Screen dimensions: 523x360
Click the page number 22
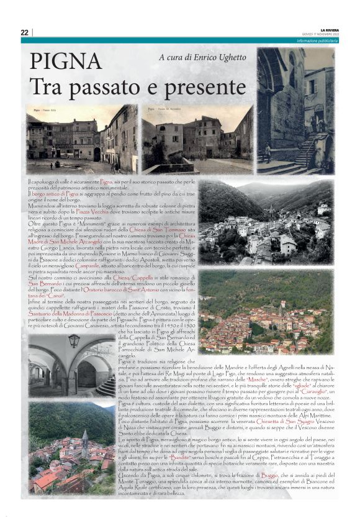24,32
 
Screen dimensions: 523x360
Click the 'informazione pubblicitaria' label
317,40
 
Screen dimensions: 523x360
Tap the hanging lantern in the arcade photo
74,341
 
